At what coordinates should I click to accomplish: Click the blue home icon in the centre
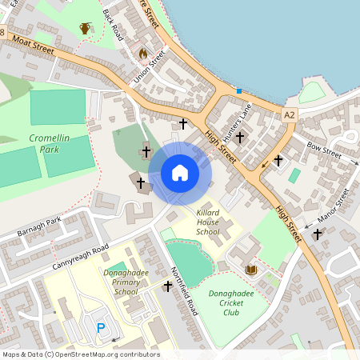[x=180, y=172]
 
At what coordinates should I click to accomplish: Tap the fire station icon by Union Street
[x=142, y=54]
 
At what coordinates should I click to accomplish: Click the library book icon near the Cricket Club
[x=251, y=270]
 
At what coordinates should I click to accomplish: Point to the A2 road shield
[x=290, y=115]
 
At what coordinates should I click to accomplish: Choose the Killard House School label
[x=207, y=222]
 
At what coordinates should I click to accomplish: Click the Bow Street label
[x=324, y=150]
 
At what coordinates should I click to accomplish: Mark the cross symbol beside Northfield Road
[x=167, y=286]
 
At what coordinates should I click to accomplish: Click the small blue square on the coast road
[x=238, y=91]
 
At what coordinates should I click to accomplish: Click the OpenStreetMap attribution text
[x=81, y=354]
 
